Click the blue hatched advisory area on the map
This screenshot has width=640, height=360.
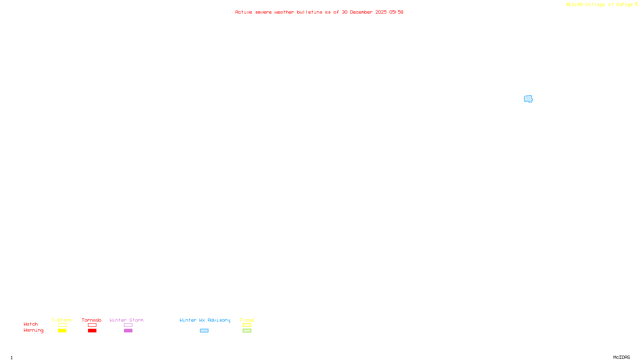(x=528, y=99)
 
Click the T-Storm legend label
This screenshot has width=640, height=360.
(x=62, y=320)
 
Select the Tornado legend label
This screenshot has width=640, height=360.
(x=92, y=320)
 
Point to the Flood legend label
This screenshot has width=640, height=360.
(x=247, y=320)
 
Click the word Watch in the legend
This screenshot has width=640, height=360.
(x=31, y=324)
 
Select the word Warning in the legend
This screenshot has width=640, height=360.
(x=34, y=330)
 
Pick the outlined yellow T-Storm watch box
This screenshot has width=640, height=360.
(x=62, y=325)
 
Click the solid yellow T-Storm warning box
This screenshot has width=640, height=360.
(x=62, y=331)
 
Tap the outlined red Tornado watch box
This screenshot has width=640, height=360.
(x=92, y=325)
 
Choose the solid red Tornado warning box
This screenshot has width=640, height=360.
(x=92, y=331)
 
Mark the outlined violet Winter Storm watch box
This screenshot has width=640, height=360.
(x=128, y=325)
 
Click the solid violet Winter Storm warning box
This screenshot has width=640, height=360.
(x=128, y=331)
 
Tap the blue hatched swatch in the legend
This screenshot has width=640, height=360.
(x=204, y=331)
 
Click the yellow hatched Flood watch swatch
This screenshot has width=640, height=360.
(x=247, y=325)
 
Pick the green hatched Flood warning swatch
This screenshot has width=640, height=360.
(x=247, y=331)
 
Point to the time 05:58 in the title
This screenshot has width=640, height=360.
(x=396, y=12)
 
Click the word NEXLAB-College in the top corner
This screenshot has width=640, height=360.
(x=586, y=5)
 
